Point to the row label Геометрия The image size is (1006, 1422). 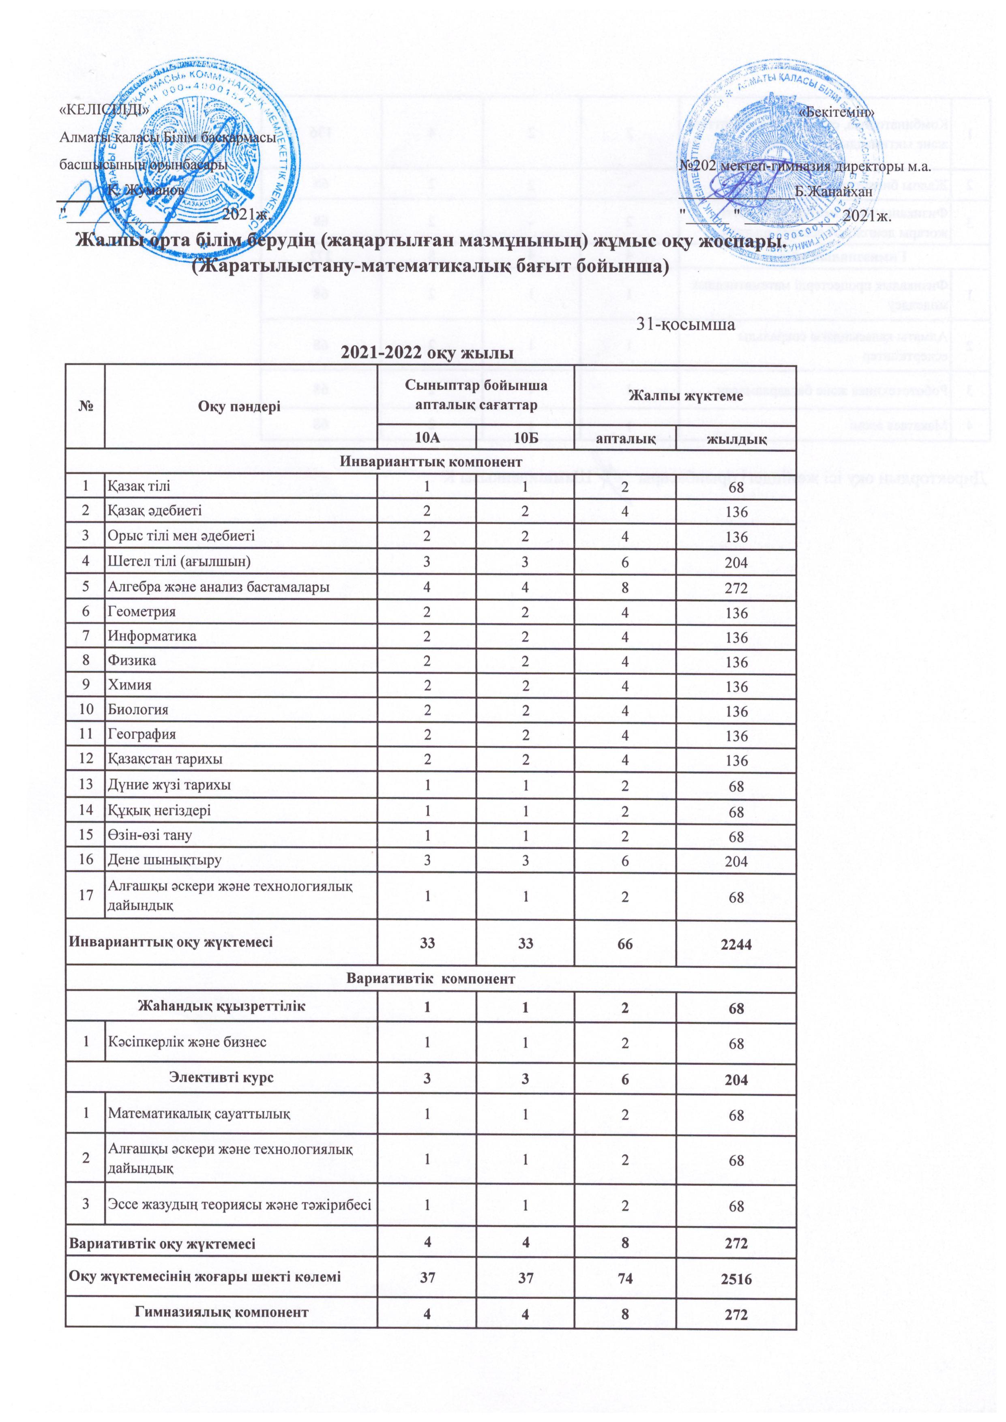pos(142,611)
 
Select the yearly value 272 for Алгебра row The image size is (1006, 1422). pos(736,587)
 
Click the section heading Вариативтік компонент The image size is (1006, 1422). pos(431,979)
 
